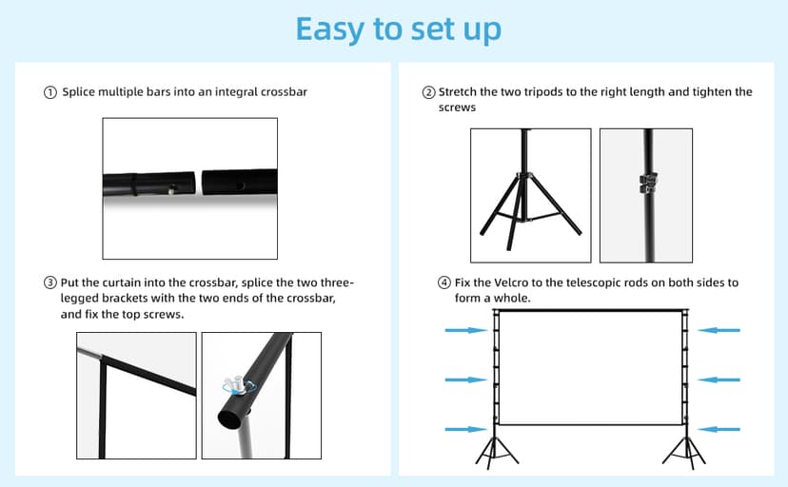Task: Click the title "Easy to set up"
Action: (x=398, y=29)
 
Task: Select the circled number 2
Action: (x=429, y=92)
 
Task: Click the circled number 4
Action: (x=443, y=282)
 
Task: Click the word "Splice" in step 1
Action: (x=80, y=92)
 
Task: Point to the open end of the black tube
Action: (x=229, y=417)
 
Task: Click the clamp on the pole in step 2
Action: (x=647, y=182)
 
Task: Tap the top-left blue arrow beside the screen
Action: (x=465, y=330)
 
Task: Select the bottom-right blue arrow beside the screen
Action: (x=719, y=430)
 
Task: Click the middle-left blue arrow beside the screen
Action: (x=465, y=380)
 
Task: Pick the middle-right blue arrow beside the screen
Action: (x=719, y=380)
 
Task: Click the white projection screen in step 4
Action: (x=587, y=369)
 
